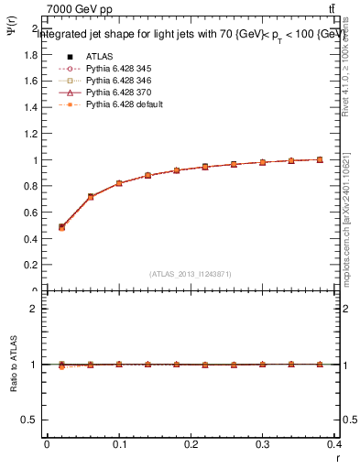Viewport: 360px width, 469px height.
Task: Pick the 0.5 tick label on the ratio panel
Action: pyautogui.click(x=29, y=420)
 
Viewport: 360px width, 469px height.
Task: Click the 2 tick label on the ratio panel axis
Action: pyautogui.click(x=34, y=309)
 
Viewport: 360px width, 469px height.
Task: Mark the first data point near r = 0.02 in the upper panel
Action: pyautogui.click(x=61, y=227)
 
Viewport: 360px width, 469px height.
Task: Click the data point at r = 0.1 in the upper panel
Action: pyautogui.click(x=119, y=183)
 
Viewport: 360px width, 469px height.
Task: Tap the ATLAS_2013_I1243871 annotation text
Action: pyautogui.click(x=191, y=274)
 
